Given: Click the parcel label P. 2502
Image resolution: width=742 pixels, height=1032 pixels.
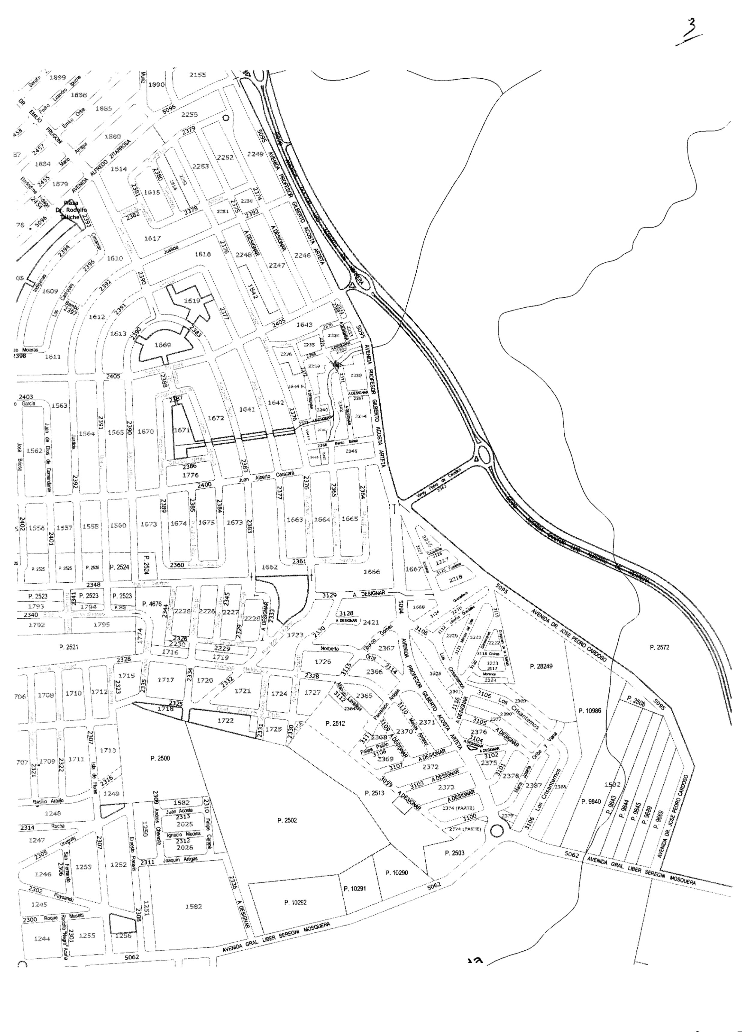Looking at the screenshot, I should point(287,820).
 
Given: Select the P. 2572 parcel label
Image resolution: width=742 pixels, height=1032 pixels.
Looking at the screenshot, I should point(659,647).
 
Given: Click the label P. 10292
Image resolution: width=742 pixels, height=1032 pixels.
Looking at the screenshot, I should point(295,902).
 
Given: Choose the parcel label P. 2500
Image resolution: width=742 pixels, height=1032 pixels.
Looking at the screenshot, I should point(160,759).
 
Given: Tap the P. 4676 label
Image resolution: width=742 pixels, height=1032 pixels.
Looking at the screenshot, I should point(152,604).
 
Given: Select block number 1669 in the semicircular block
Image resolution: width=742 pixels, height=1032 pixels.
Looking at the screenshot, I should point(162,345).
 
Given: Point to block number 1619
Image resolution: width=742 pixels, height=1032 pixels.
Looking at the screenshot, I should point(192,301).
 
